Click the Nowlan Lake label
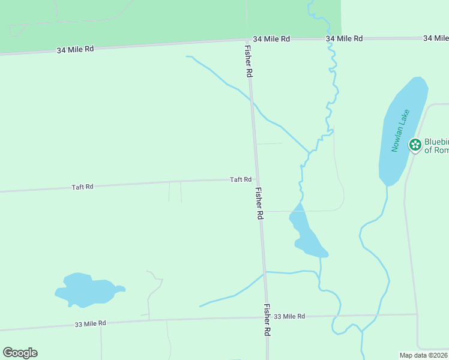click(x=400, y=131)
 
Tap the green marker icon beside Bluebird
click(x=415, y=145)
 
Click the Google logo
click(x=20, y=353)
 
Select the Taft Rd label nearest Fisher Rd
click(x=240, y=179)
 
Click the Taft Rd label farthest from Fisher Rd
click(x=82, y=187)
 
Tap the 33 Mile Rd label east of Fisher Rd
click(x=289, y=316)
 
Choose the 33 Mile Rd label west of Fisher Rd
click(x=90, y=323)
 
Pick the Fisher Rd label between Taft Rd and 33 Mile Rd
click(x=259, y=203)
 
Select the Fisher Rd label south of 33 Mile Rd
click(x=267, y=319)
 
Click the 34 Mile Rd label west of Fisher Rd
click(x=75, y=49)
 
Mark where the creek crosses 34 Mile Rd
click(x=330, y=38)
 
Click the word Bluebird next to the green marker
click(x=436, y=142)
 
